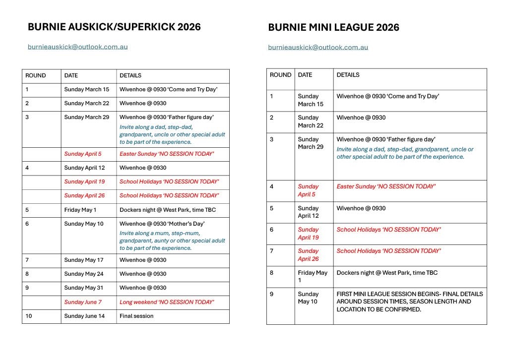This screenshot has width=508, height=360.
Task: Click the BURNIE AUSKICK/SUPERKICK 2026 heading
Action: click(114, 27)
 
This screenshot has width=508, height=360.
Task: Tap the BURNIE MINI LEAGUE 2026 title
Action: click(333, 28)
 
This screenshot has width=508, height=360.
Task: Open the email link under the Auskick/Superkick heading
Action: click(77, 47)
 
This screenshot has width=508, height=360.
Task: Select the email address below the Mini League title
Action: click(318, 48)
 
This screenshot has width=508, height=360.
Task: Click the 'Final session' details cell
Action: click(136, 316)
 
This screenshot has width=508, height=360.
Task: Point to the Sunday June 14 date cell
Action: click(84, 316)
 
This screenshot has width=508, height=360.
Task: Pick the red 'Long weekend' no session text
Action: click(167, 302)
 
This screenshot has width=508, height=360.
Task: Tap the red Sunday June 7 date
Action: click(83, 302)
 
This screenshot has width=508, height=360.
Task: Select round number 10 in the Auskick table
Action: click(29, 316)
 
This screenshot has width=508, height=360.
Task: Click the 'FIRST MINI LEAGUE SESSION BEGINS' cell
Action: click(409, 301)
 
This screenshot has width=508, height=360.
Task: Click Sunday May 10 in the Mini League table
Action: click(308, 298)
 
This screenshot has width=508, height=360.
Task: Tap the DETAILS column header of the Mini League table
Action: click(348, 75)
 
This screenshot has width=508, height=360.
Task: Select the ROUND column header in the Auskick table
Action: click(35, 76)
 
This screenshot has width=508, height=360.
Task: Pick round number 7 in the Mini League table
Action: click(272, 251)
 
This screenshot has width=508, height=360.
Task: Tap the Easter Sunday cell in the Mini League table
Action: click(386, 186)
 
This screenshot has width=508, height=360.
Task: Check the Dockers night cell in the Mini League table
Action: click(387, 272)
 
